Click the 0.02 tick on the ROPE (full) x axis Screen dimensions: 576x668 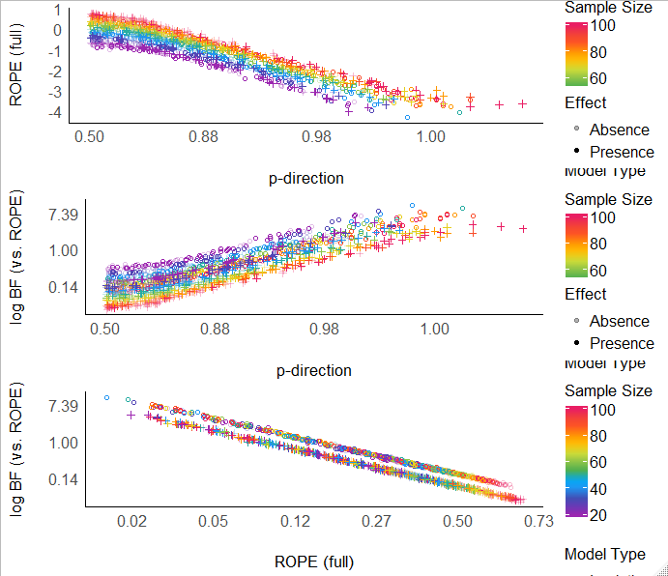131,522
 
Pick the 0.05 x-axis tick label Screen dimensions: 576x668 214,522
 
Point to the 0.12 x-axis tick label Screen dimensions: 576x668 295,522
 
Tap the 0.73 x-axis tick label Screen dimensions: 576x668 538,522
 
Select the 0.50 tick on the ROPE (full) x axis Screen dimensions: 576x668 457,522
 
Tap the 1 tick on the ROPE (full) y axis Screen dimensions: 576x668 59,11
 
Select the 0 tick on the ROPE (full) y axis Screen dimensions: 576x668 59,31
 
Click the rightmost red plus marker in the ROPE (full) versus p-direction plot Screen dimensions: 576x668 522,103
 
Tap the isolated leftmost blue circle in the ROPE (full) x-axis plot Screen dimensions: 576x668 106,397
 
